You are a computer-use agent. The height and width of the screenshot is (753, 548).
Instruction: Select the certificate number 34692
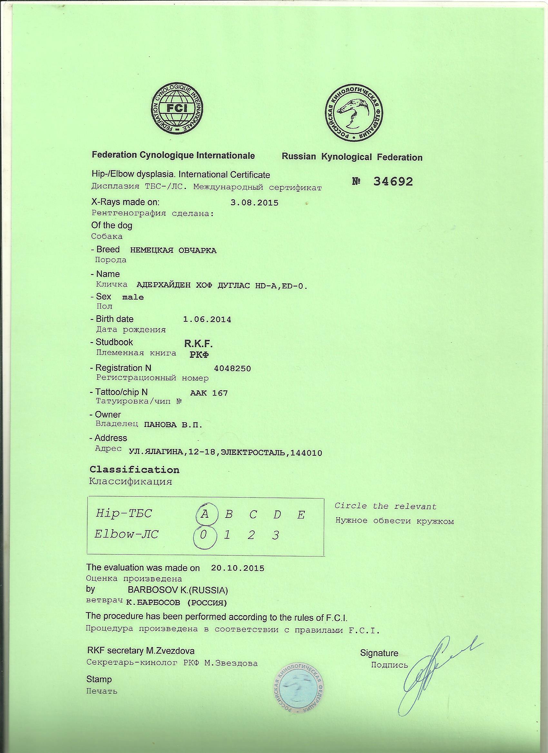tap(393, 182)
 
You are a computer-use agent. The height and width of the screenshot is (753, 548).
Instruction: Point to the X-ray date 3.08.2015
tap(254, 203)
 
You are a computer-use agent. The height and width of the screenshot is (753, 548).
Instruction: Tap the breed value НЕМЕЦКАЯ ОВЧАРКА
tap(173, 250)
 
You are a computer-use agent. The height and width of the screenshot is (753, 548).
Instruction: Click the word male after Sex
tap(133, 297)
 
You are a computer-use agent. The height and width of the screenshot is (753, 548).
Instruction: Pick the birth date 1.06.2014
tap(207, 319)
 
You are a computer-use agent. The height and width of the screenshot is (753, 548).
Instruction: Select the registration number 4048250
tap(233, 368)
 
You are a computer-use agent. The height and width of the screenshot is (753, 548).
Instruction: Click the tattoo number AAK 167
tap(209, 393)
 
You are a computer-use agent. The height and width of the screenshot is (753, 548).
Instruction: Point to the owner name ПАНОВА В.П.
tap(173, 424)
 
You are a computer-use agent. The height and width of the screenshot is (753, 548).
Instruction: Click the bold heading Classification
tap(134, 470)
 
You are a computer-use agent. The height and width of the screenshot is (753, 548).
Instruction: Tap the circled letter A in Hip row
tap(205, 514)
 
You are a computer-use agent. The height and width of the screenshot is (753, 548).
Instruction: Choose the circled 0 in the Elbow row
tap(204, 535)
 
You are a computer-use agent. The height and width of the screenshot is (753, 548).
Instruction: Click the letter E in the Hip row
tap(301, 515)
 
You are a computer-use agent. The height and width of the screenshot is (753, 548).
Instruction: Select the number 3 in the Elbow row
tap(276, 536)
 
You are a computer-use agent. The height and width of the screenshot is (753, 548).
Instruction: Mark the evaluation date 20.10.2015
tap(238, 568)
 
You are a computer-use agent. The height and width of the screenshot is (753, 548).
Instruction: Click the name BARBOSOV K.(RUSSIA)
tap(178, 590)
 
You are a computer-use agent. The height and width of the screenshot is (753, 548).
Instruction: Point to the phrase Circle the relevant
tap(386, 506)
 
